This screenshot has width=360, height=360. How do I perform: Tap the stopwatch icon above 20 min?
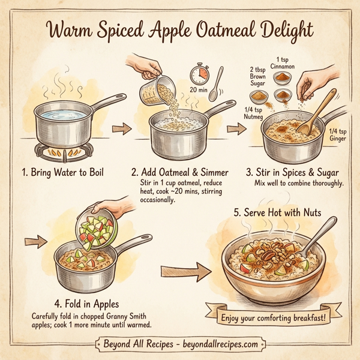tap(200, 75)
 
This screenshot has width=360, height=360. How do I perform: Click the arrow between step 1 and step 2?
tap(122, 128)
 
